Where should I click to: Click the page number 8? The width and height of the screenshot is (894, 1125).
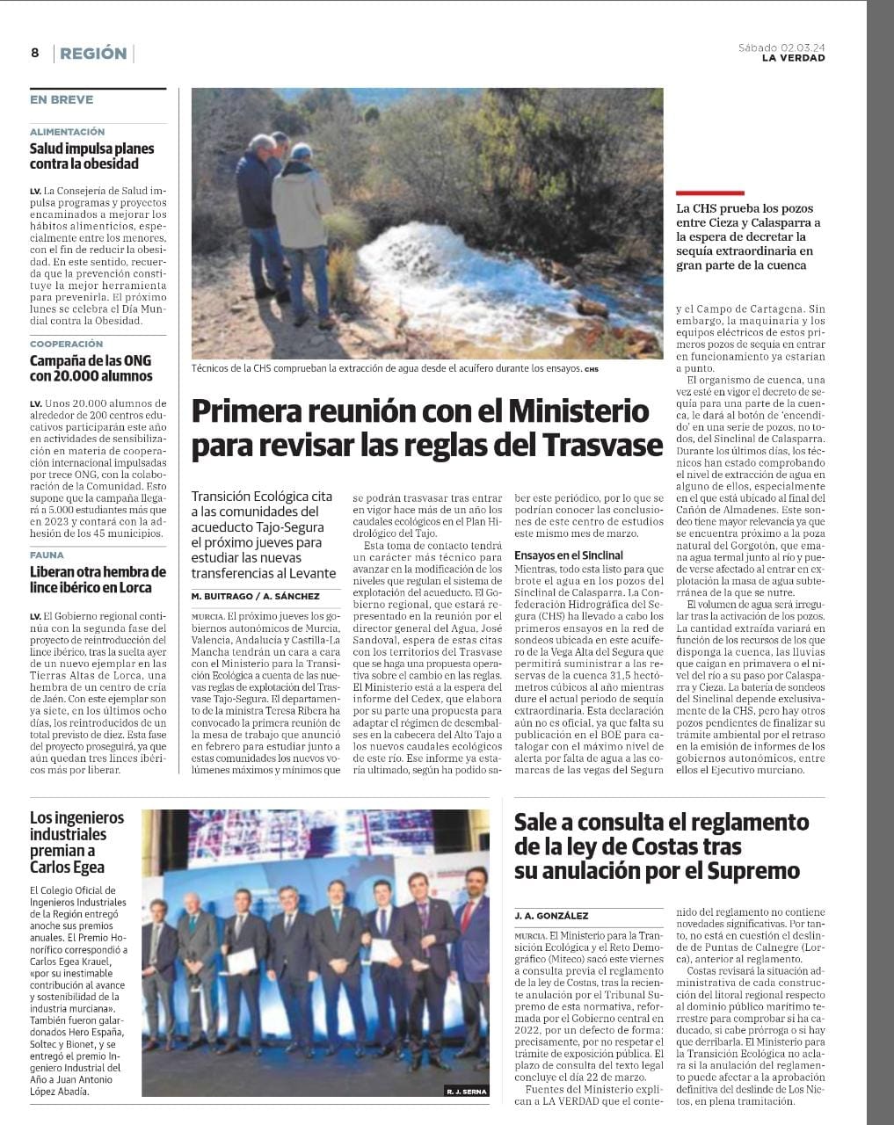click(34, 53)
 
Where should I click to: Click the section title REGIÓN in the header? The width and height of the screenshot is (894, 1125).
click(94, 53)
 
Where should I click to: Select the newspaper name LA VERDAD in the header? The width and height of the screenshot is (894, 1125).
click(793, 58)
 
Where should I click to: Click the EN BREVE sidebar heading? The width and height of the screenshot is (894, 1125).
click(62, 99)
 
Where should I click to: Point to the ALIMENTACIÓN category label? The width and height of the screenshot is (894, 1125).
click(67, 132)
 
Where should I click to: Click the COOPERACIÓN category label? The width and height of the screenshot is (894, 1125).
click(66, 345)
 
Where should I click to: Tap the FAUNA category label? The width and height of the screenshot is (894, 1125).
click(47, 555)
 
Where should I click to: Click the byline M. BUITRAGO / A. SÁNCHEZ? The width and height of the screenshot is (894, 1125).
click(255, 596)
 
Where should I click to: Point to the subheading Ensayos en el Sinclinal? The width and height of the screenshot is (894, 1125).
click(569, 555)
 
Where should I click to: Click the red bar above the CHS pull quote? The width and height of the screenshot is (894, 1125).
click(709, 192)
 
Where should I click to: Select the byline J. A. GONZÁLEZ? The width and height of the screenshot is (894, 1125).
click(551, 916)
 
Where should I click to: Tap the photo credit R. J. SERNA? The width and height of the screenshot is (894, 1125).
click(466, 1091)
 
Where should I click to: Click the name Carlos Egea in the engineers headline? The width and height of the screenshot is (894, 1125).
click(67, 867)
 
